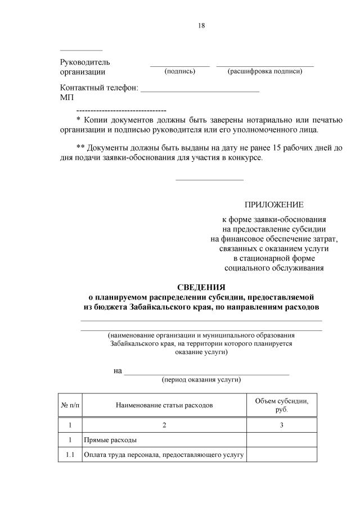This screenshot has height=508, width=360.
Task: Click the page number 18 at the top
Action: pos(202,25)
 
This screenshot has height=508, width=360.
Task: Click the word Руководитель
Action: pos(85,62)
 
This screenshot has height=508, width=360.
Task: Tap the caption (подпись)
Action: pos(179,71)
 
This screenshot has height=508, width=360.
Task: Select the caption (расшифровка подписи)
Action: pos(264,71)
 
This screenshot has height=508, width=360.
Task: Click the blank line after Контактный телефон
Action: pos(199,88)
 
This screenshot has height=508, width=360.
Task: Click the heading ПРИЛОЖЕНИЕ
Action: pos(273,205)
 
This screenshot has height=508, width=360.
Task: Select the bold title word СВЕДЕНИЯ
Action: pos(201,287)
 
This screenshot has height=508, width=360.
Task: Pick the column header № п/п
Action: pos(70,405)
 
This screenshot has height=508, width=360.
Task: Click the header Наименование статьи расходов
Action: pos(164,405)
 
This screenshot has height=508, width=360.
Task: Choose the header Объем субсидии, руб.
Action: pos(281,405)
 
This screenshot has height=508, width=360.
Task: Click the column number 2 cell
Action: pos(164,425)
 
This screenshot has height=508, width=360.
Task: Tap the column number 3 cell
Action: pos(281,425)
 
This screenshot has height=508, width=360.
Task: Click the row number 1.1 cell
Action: pos(70,455)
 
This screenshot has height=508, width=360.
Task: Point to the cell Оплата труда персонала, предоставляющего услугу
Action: pos(163,455)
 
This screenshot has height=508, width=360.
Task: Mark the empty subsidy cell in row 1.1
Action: pos(281,455)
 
